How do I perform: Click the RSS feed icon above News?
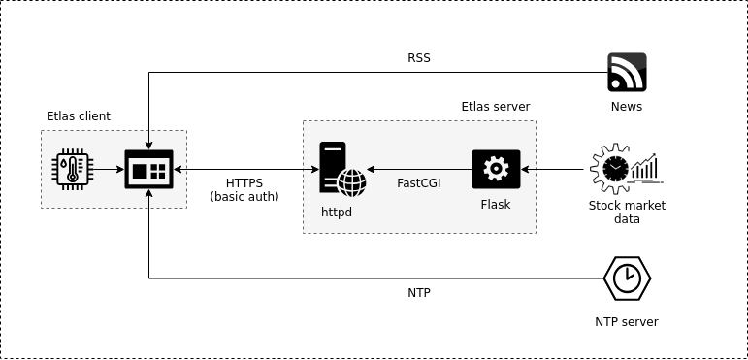tap(627, 72)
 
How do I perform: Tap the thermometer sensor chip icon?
tap(73, 169)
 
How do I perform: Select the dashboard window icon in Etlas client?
tap(148, 169)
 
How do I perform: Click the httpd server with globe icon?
tap(342, 169)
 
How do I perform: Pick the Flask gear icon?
tap(496, 169)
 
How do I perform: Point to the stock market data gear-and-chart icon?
tap(627, 168)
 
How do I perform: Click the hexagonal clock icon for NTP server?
tap(627, 278)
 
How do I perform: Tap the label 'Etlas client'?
tap(79, 116)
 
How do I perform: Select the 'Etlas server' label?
tap(496, 107)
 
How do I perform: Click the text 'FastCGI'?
tap(419, 183)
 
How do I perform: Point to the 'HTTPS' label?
tap(244, 183)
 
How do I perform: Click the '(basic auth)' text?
tap(244, 196)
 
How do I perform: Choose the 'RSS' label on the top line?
tap(419, 58)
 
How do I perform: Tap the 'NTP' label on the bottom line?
tap(419, 293)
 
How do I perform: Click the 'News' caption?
tap(627, 107)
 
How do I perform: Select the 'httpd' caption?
tap(337, 212)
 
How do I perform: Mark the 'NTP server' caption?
tap(627, 322)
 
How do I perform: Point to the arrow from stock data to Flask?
tap(552, 169)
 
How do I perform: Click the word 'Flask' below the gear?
tap(496, 205)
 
